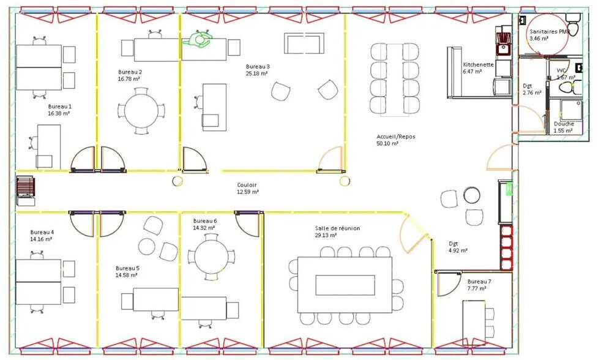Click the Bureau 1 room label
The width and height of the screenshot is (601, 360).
(59, 106)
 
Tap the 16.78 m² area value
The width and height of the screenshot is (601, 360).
(129, 79)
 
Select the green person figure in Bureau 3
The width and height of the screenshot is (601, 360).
(198, 40)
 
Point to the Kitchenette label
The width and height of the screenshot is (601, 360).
(478, 64)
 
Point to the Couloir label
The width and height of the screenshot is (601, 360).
(247, 184)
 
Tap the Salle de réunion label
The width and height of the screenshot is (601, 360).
(337, 228)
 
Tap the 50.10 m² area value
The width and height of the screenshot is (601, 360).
(387, 143)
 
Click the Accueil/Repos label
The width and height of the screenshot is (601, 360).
(395, 136)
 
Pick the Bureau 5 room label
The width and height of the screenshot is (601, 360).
(127, 268)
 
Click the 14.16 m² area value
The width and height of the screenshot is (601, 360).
(41, 239)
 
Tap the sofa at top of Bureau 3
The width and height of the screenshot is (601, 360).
(304, 43)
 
